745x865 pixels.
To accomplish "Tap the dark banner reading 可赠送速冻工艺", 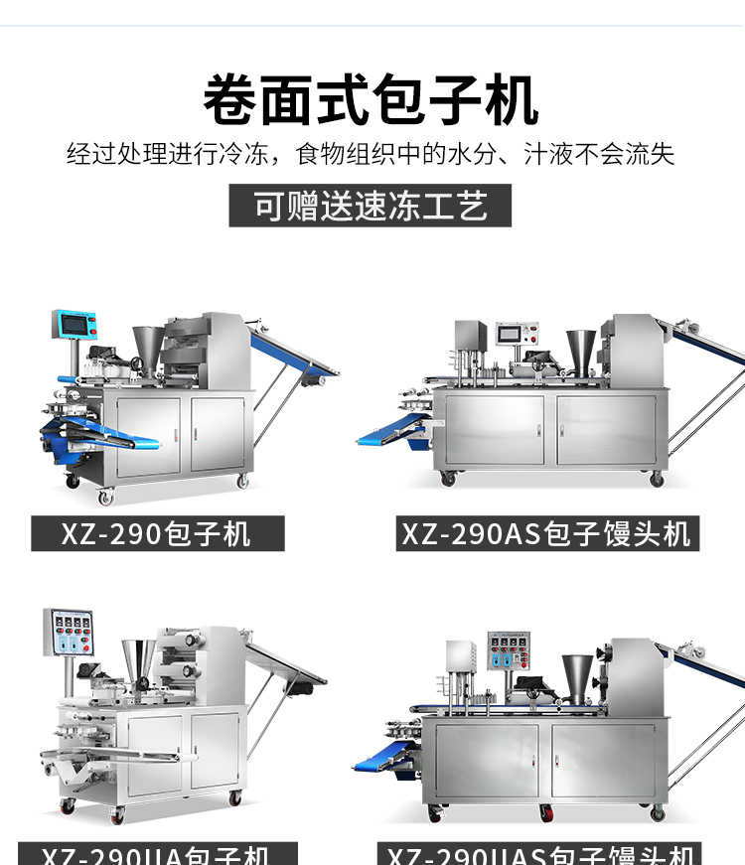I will point(370,207).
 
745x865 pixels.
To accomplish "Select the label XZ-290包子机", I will point(157,534).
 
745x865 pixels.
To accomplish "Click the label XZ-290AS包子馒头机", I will point(545,534).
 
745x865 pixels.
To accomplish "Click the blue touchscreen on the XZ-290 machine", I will point(75,325).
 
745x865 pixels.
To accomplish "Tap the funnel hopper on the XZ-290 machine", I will point(147,347).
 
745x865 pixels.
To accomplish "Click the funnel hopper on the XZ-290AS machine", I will point(581,351).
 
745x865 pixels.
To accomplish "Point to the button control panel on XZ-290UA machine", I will point(69,633).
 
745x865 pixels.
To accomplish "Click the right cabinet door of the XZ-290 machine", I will point(217,434).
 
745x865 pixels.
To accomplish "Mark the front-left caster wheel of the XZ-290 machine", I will point(104,495).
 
